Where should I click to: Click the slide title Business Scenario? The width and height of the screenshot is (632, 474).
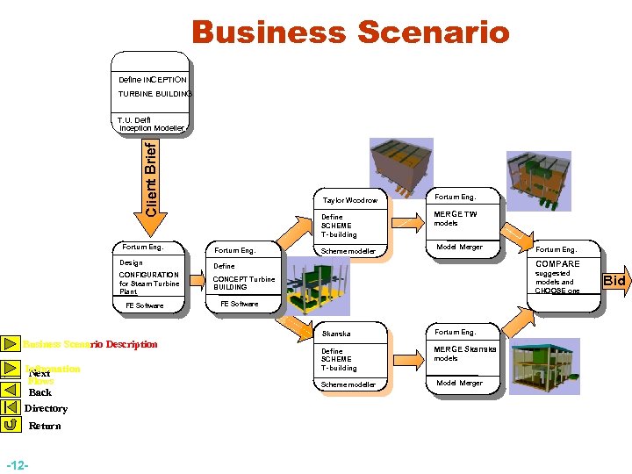tap(350, 32)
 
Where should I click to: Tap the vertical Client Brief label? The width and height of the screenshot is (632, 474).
tap(151, 179)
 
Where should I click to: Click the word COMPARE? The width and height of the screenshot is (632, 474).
tap(557, 263)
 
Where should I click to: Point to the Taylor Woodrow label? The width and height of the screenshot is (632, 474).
tap(349, 200)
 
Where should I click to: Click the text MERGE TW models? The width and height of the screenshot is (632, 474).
tap(456, 219)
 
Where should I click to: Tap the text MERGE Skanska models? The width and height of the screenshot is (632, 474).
tap(465, 353)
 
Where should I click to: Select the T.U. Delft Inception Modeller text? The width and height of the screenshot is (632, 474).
tap(150, 124)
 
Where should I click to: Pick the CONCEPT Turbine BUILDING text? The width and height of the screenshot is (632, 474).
tap(244, 283)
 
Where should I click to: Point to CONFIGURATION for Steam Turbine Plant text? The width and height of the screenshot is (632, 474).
tap(149, 283)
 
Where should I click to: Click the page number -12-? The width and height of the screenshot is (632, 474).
tap(17, 463)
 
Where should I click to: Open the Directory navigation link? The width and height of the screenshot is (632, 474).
tap(46, 408)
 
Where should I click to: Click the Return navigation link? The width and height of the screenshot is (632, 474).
tap(45, 426)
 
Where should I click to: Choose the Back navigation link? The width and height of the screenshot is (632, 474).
tap(40, 392)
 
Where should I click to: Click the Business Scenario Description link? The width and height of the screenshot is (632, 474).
tap(90, 344)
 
